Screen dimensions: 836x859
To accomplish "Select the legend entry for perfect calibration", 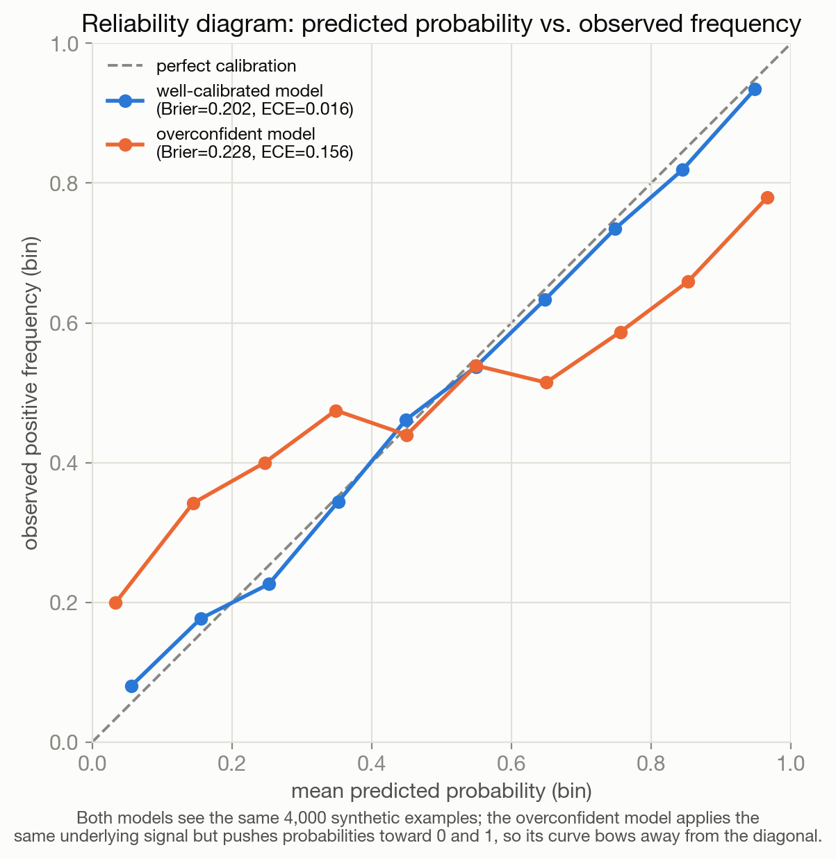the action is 202,66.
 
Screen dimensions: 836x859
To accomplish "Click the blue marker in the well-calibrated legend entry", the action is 125,101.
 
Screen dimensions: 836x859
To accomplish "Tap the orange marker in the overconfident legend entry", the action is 125,145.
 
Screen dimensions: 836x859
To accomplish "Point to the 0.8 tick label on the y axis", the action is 65,183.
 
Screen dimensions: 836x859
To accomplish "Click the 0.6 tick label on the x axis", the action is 511,763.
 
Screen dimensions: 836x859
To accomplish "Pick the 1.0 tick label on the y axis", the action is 65,44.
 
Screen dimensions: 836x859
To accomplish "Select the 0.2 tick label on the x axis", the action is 231,763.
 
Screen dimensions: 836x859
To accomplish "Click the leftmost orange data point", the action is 115,603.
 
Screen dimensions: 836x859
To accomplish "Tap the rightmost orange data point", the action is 768,197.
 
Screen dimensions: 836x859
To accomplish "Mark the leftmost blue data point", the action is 131,686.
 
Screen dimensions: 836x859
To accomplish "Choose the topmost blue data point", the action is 755,90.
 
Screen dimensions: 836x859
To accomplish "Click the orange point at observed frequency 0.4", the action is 265,463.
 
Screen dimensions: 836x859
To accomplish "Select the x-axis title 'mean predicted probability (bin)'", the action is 441,791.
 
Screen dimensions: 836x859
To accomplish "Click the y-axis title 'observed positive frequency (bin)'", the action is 31,393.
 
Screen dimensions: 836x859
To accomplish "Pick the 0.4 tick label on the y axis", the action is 65,463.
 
